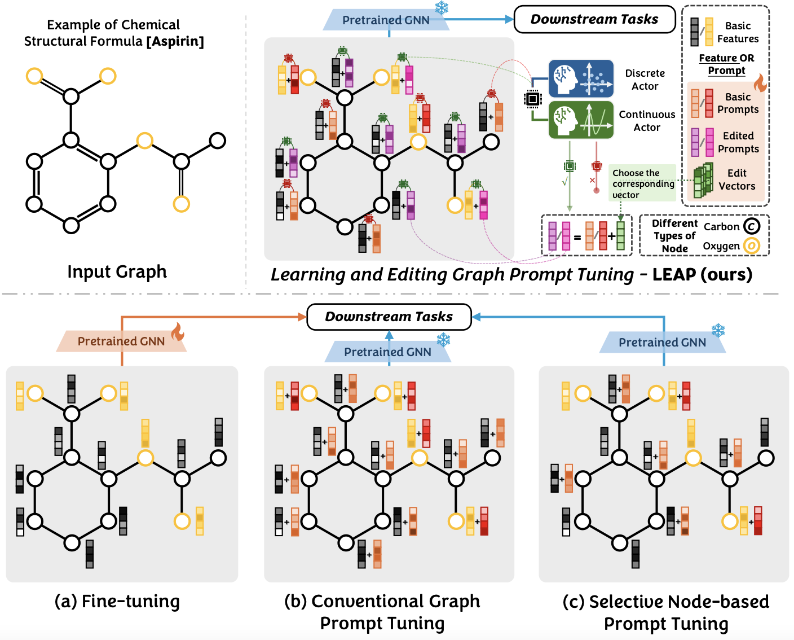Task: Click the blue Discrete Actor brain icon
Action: click(581, 79)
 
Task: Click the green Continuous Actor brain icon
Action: click(581, 120)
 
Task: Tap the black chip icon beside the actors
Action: click(532, 99)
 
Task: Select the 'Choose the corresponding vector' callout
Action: click(643, 183)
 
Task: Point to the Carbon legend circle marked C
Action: click(752, 226)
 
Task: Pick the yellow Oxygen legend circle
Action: click(752, 246)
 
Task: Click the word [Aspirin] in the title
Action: click(175, 41)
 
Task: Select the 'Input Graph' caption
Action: click(117, 271)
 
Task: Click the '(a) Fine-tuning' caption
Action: click(117, 601)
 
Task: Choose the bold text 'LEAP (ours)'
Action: click(702, 274)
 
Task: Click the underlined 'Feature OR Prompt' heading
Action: click(726, 64)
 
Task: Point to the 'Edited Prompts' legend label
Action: click(738, 142)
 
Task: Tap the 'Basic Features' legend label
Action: click(738, 32)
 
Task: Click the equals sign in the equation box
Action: click(577, 237)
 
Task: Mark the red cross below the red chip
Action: click(592, 181)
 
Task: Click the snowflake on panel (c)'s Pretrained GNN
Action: click(718, 330)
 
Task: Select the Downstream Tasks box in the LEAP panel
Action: click(594, 19)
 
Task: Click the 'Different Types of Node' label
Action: click(674, 236)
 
